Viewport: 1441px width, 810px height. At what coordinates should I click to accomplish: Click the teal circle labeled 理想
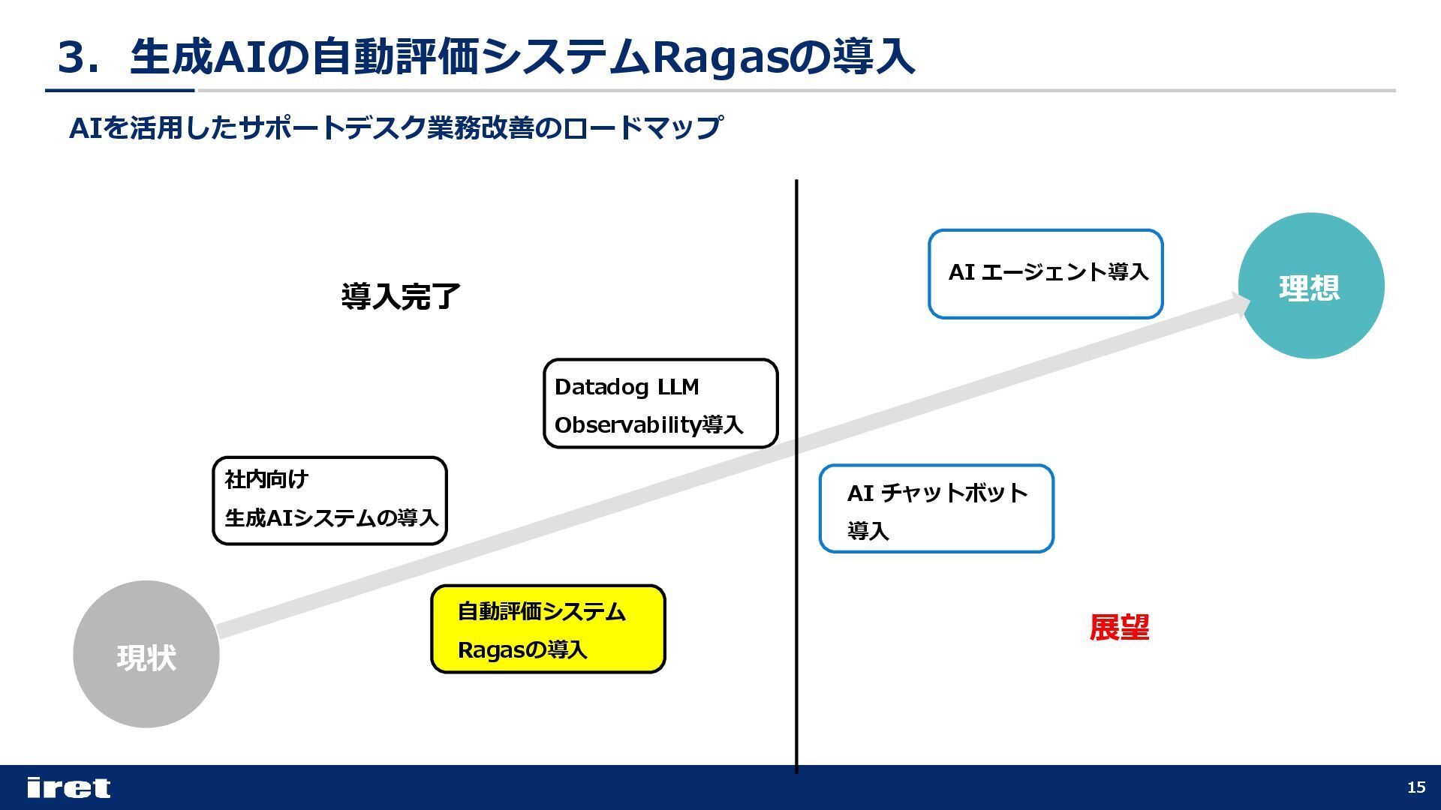coord(1310,286)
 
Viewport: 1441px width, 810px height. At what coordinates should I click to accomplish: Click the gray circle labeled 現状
coord(146,654)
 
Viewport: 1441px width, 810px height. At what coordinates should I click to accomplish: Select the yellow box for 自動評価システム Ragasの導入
coord(548,629)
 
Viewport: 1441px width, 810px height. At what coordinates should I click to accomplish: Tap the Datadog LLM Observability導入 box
coord(660,403)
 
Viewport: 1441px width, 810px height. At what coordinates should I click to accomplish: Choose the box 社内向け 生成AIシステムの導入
coord(329,500)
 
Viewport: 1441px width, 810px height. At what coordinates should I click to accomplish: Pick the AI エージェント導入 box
coord(1045,274)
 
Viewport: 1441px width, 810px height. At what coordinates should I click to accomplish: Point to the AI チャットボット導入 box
coord(936,508)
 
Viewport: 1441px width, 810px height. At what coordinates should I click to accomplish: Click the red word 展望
coord(1119,628)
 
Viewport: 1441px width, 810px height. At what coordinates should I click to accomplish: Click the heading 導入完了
coord(400,297)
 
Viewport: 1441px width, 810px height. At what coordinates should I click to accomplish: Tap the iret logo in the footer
coord(68,787)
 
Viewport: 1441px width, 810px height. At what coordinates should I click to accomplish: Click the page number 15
coord(1416,787)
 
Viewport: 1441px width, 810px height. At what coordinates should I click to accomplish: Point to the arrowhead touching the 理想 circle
coord(1240,304)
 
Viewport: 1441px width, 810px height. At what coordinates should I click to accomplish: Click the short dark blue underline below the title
coord(120,91)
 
